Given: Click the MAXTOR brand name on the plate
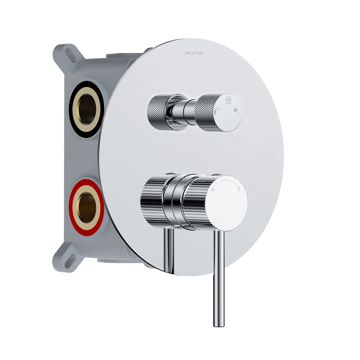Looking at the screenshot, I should pos(194,53).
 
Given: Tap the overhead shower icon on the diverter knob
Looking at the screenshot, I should pos(229,100).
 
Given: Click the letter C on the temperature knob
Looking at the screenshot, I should pos(239,189).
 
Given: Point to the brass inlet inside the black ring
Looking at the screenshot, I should pos(86,109).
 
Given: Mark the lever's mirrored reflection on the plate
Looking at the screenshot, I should pos(169,250).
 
